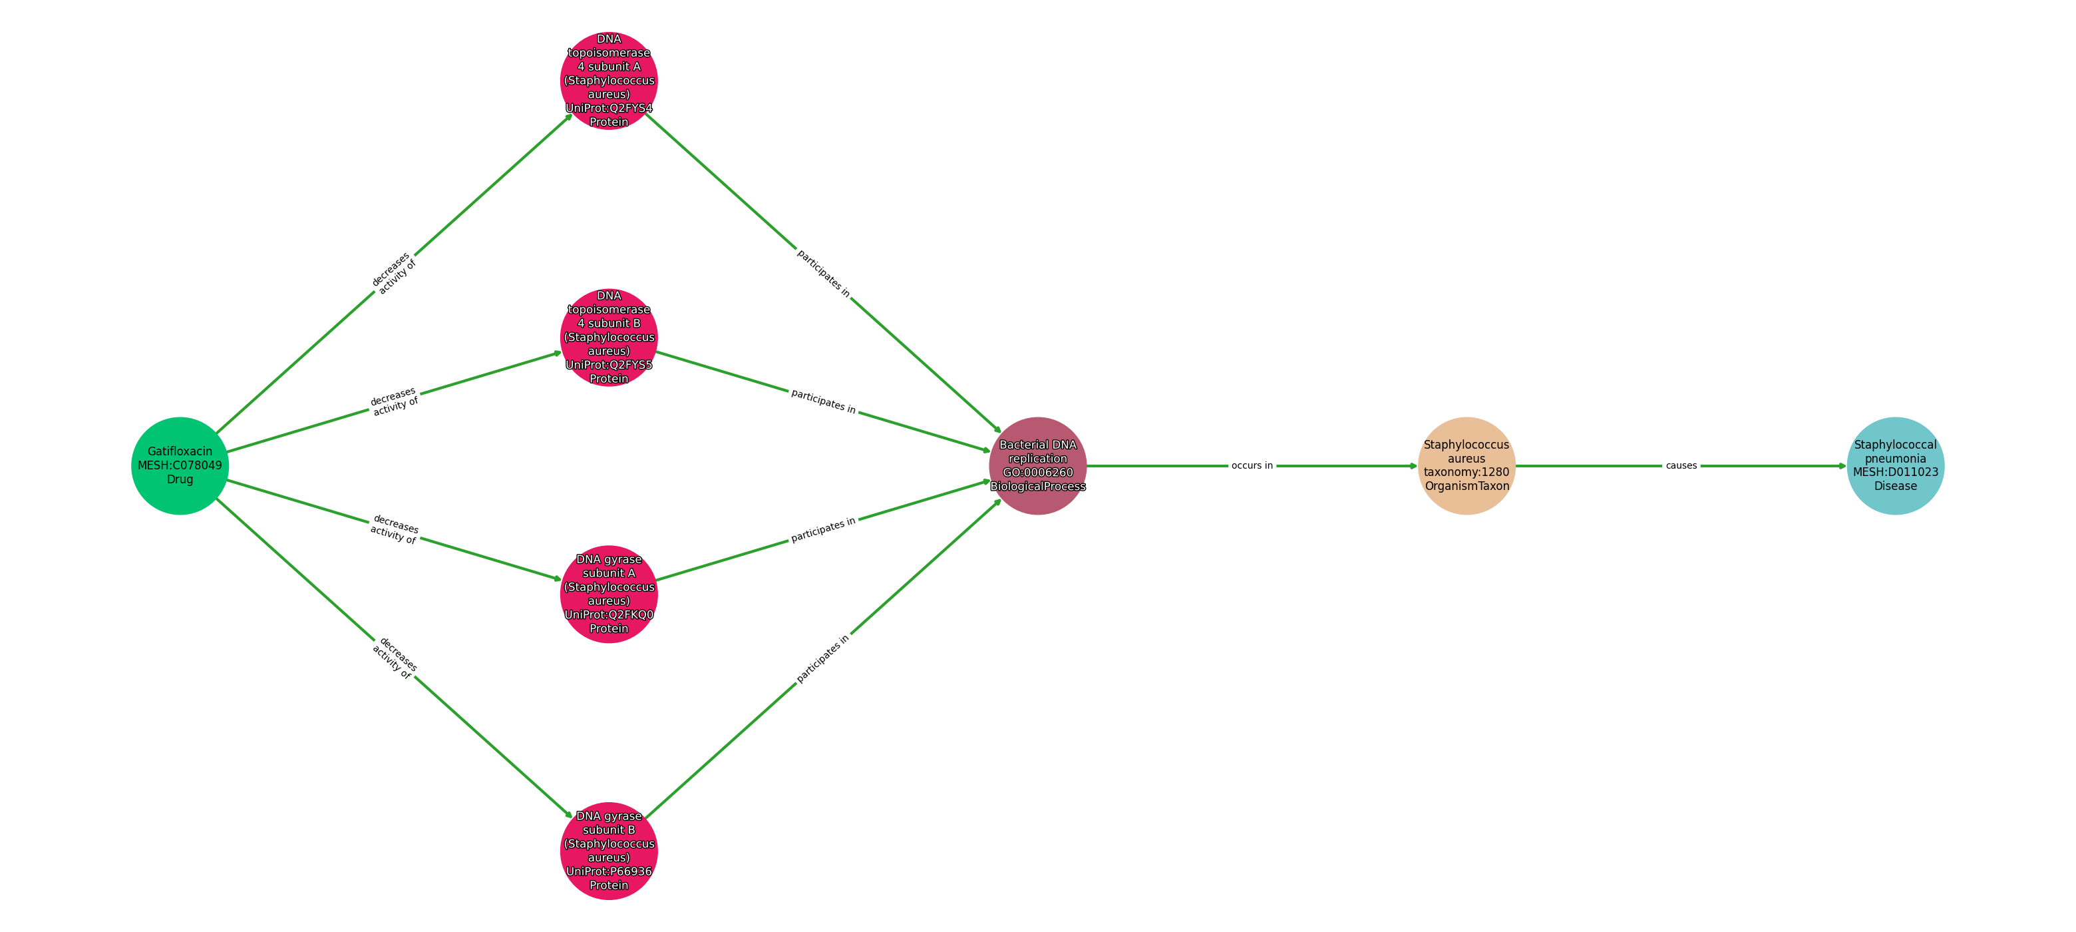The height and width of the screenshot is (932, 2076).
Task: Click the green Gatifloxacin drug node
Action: [x=180, y=466]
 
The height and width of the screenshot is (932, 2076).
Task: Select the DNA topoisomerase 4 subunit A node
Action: [x=609, y=81]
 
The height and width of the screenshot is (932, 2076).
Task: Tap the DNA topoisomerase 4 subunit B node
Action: [x=609, y=337]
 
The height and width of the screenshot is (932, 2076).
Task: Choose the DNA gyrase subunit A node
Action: [x=609, y=594]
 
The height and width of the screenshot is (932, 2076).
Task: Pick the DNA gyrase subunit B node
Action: [x=609, y=851]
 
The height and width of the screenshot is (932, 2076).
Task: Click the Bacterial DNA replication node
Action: [x=1038, y=466]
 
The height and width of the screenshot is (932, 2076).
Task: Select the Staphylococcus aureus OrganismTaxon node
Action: [x=1467, y=466]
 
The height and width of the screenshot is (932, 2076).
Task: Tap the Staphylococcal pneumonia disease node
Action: [x=1896, y=466]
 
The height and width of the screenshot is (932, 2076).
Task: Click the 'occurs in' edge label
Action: [x=1252, y=466]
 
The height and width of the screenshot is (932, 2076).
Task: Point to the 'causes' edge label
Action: [x=1681, y=466]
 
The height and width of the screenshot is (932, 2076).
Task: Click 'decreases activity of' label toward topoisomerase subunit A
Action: [x=394, y=274]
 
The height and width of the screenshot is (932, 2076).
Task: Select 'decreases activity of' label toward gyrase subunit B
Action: [x=394, y=658]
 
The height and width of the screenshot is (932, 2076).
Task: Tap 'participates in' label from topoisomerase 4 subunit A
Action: [x=824, y=274]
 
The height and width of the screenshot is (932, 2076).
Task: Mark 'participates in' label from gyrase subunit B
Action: [x=824, y=658]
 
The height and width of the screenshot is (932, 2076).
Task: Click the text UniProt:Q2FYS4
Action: [x=609, y=108]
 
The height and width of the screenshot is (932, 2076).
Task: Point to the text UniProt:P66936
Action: [x=609, y=871]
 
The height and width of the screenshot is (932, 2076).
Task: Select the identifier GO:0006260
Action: [x=1038, y=473]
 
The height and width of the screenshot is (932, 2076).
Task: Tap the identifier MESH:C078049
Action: [x=180, y=466]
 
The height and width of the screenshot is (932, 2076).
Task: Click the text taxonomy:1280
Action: [x=1467, y=473]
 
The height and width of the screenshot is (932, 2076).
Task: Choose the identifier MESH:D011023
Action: [x=1896, y=473]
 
